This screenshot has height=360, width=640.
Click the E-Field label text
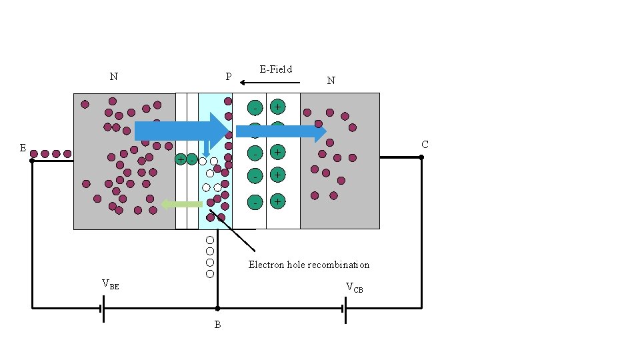click(x=275, y=69)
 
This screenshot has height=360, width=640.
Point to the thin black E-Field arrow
click(x=269, y=83)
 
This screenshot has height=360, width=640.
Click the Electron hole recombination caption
click(x=309, y=265)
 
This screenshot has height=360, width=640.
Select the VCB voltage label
click(x=354, y=287)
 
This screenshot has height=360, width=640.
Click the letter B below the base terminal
click(x=217, y=325)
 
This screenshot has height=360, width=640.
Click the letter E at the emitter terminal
click(x=23, y=148)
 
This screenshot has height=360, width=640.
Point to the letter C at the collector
click(x=425, y=145)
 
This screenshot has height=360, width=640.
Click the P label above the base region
click(x=229, y=77)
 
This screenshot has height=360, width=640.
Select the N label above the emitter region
click(x=114, y=76)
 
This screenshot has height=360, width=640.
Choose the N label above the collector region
click(x=331, y=81)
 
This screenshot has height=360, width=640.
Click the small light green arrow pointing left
click(x=181, y=204)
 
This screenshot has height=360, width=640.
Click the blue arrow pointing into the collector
click(x=281, y=132)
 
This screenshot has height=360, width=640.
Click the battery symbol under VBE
click(x=102, y=309)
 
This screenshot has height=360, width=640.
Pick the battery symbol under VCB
click(x=345, y=309)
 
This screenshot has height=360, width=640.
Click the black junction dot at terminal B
click(x=217, y=309)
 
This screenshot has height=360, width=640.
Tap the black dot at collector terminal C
click(x=421, y=157)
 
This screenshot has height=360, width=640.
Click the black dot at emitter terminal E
click(x=32, y=161)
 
